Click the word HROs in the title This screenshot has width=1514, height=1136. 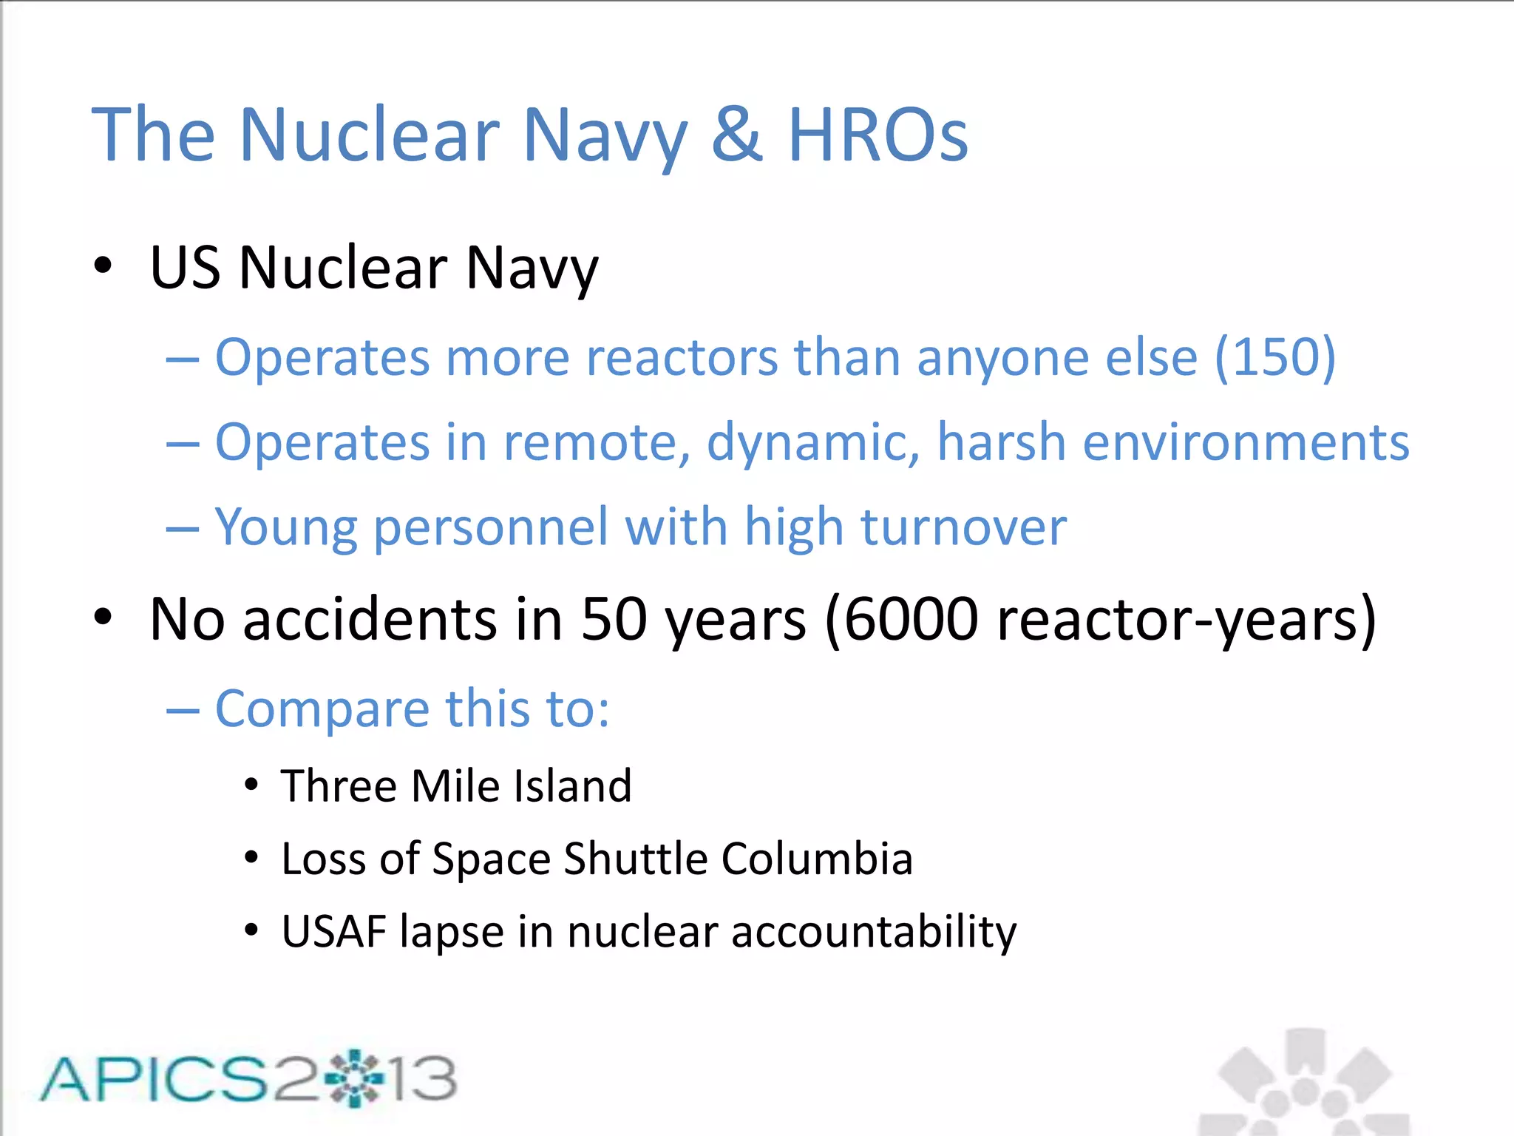click(x=877, y=135)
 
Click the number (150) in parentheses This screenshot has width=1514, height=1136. click(x=1275, y=357)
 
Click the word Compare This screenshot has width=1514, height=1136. click(x=322, y=709)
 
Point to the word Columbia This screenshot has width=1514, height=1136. click(x=817, y=859)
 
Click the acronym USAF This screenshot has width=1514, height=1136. click(x=334, y=931)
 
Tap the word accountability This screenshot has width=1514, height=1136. click(x=874, y=931)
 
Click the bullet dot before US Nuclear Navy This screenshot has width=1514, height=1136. click(x=103, y=266)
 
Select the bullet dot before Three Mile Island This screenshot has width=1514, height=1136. click(x=251, y=785)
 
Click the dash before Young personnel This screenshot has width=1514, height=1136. click(x=183, y=529)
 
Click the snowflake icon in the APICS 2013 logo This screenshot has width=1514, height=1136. click(x=356, y=1078)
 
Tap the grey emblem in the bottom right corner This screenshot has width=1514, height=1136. click(x=1305, y=1083)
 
